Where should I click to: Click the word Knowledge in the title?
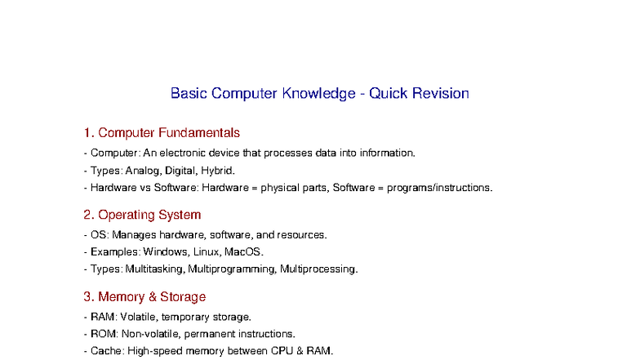[317, 93]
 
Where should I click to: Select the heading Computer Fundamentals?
[169, 132]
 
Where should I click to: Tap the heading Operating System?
[149, 215]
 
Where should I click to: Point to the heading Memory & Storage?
[152, 296]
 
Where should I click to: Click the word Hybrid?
[218, 171]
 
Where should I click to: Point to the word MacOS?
[244, 251]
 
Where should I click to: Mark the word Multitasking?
[156, 269]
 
